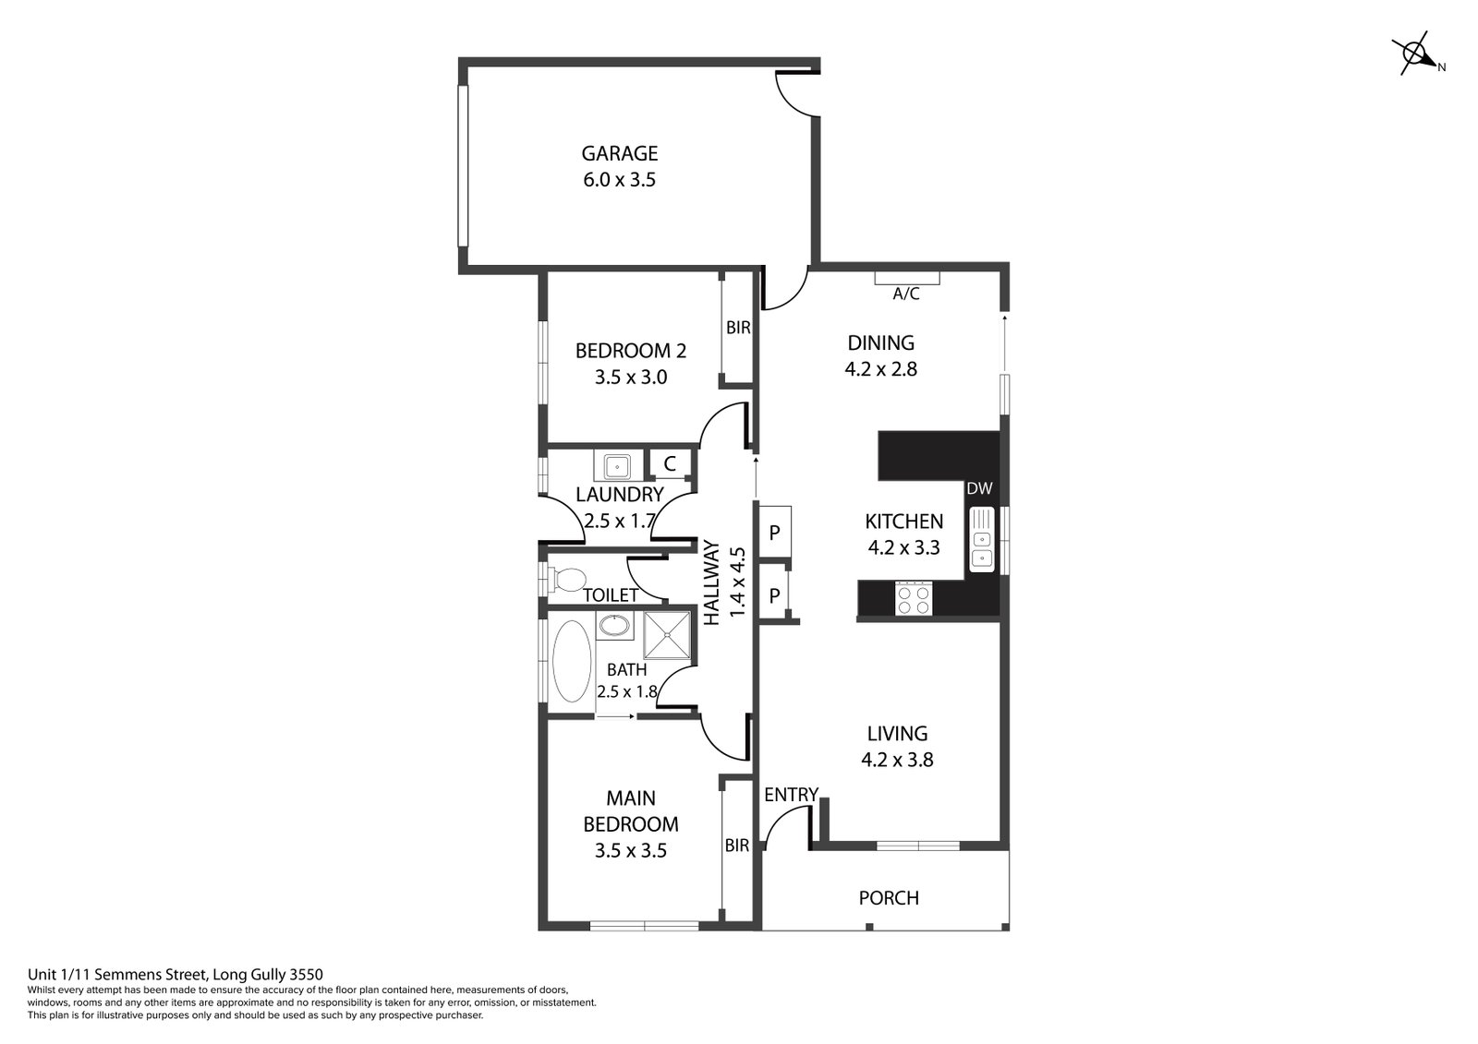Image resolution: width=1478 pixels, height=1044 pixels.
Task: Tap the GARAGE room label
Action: click(620, 153)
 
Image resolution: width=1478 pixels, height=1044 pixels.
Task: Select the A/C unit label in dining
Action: click(906, 294)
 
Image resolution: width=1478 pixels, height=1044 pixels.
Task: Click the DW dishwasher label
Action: click(979, 488)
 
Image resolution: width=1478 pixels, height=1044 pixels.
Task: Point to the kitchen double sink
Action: click(982, 539)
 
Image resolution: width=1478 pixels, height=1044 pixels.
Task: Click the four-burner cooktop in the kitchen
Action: click(914, 599)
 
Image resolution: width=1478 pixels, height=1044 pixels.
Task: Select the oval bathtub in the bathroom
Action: click(572, 662)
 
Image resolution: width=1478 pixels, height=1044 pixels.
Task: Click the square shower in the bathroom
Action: click(667, 635)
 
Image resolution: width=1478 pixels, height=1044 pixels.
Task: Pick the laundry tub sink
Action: click(618, 465)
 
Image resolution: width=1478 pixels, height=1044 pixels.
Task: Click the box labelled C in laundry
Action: click(670, 463)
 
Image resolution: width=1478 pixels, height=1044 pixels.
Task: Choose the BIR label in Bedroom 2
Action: click(738, 327)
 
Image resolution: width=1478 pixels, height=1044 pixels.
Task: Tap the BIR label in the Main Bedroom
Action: click(737, 846)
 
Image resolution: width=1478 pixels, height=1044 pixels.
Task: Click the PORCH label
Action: click(889, 897)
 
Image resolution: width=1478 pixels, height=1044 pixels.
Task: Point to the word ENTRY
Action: click(791, 795)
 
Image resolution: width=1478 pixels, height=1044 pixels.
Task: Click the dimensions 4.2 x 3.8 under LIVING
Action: click(897, 760)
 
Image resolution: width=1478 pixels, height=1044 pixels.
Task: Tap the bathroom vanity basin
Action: click(614, 625)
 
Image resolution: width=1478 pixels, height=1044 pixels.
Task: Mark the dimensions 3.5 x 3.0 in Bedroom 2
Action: click(631, 378)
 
